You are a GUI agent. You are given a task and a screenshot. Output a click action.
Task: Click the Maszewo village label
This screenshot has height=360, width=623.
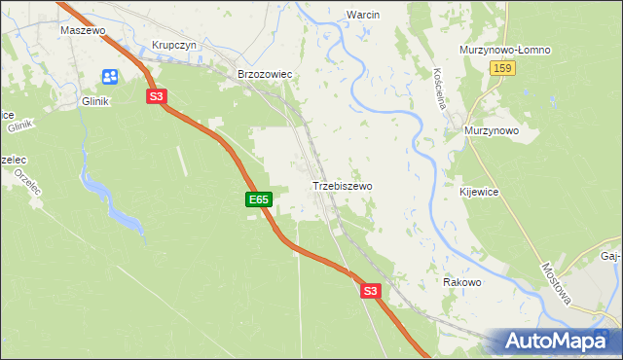pyautogui.click(x=82, y=30)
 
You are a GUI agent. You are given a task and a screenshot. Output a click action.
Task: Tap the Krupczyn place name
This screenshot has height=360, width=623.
pyautogui.click(x=175, y=46)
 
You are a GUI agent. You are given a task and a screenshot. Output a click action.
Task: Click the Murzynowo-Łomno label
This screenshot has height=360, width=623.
pyautogui.click(x=505, y=50)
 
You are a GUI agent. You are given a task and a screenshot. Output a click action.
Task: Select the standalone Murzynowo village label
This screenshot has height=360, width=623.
pyautogui.click(x=492, y=130)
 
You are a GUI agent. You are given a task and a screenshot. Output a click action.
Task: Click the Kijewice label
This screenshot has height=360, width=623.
pyautogui.click(x=479, y=193)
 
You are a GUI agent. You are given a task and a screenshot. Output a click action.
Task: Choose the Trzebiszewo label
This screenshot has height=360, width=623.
pyautogui.click(x=342, y=185)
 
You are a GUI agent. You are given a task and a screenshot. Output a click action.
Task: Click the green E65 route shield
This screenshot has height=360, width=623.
pyautogui.click(x=258, y=199)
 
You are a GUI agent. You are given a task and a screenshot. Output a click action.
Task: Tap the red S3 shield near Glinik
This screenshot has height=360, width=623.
pyautogui.click(x=158, y=96)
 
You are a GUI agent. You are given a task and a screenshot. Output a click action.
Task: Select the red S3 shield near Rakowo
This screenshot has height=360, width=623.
pyautogui.click(x=370, y=290)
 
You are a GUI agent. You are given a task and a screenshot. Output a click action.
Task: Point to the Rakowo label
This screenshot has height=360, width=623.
pyautogui.click(x=462, y=282)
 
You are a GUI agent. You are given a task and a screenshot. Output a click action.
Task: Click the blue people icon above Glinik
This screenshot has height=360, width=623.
pyautogui.click(x=109, y=76)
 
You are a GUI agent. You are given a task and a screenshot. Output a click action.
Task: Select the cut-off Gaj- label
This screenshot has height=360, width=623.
pyautogui.click(x=610, y=257)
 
